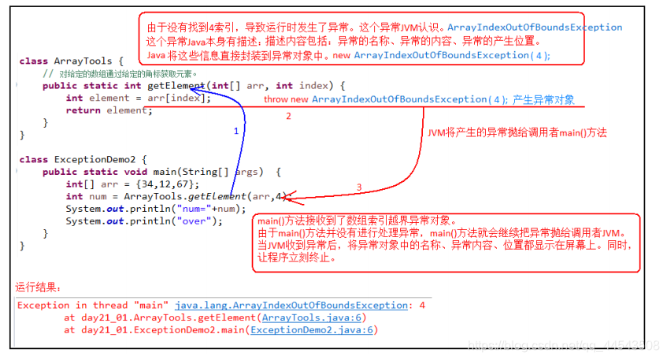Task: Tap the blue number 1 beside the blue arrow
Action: [x=235, y=132]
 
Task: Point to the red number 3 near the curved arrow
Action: [x=359, y=187]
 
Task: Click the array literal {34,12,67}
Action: [x=165, y=184]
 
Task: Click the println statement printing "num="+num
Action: [x=156, y=209]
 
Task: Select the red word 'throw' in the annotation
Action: [x=276, y=99]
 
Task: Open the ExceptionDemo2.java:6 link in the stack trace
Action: [x=311, y=330]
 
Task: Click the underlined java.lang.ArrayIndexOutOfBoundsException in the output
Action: [x=291, y=305]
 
